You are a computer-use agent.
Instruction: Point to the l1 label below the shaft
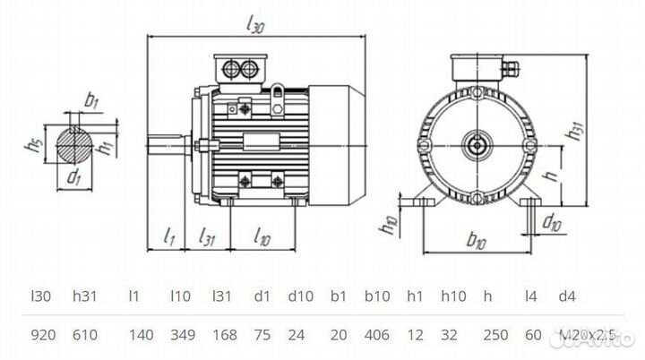[169, 237]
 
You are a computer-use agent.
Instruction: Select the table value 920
[43, 337]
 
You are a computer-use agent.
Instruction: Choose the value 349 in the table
[181, 337]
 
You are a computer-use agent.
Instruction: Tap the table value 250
[496, 337]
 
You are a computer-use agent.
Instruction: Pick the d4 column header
[567, 294]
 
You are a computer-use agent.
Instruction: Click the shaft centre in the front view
[477, 143]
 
